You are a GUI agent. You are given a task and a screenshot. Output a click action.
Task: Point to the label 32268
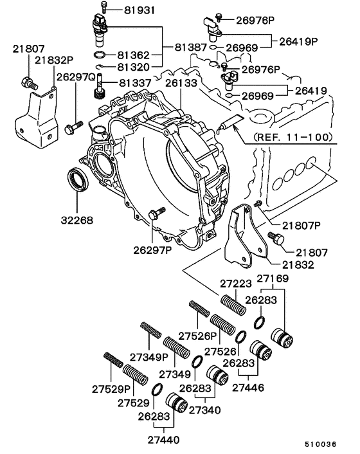tap(77, 220)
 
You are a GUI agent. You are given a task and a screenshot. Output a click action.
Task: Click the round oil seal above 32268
tap(78, 179)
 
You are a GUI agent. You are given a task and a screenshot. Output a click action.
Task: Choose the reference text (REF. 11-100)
tap(293, 137)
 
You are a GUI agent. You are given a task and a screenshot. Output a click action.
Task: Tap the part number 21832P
tap(54, 60)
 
